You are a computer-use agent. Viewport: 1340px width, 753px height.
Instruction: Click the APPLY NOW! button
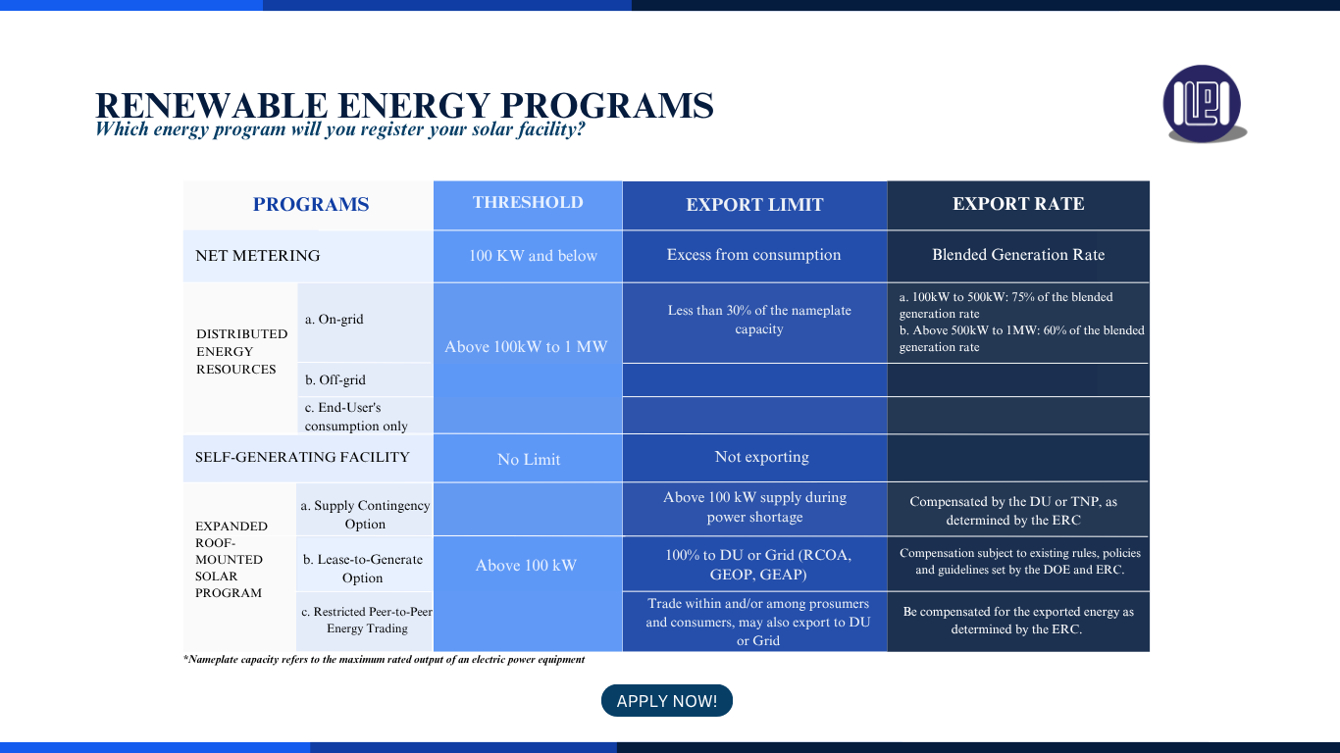666,700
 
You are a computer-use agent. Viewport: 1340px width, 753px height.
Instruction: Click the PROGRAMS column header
310,205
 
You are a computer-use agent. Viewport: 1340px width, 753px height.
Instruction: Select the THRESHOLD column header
528,202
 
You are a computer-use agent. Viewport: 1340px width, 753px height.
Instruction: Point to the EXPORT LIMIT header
754,205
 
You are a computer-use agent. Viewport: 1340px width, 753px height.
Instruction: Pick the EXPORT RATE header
1018,203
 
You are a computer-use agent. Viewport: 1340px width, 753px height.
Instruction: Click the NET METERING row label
257,255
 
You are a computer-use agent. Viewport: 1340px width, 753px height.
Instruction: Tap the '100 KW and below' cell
533,255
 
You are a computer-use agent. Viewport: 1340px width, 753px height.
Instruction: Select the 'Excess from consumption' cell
753,255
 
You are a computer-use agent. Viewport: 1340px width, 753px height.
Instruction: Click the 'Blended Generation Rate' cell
1018,255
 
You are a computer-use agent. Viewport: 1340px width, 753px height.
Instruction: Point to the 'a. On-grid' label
334,319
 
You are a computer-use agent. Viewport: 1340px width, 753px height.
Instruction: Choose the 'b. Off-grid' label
335,379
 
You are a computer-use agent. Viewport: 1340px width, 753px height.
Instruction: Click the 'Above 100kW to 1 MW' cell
526,347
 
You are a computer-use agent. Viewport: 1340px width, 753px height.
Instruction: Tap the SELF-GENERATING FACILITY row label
302,457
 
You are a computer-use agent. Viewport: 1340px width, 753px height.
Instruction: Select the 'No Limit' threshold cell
529,459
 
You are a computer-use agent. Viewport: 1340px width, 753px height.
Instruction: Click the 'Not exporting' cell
761,457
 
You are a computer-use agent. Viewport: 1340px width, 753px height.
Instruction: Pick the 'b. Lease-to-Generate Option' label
363,569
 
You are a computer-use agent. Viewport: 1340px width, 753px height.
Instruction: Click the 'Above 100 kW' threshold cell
526,565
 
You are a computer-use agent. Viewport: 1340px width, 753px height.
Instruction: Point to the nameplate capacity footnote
385,660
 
